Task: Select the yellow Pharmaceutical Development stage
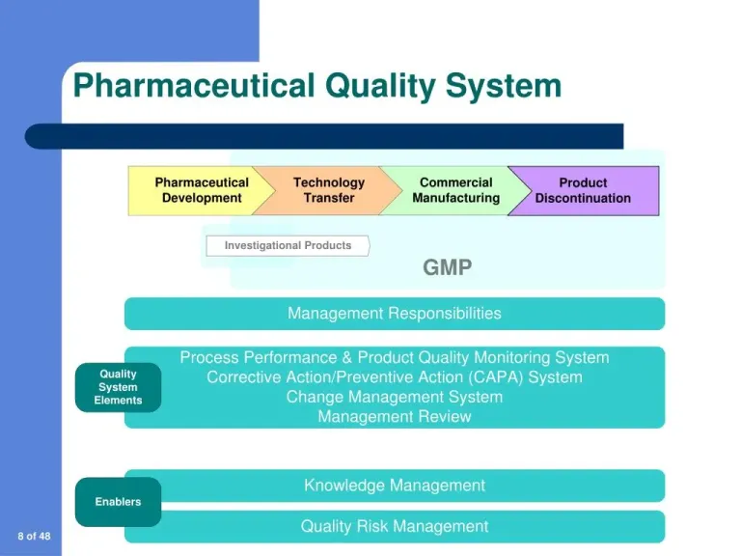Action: [x=201, y=190]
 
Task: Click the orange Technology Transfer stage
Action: [x=328, y=190]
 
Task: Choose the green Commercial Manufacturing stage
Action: [x=455, y=190]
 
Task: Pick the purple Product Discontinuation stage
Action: [x=584, y=190]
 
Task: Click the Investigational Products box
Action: [x=288, y=245]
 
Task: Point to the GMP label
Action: [x=448, y=267]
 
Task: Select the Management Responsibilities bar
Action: [x=394, y=313]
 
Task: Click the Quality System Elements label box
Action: [x=118, y=387]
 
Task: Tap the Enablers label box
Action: [x=118, y=502]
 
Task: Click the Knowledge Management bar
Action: [x=394, y=486]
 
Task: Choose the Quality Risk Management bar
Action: [x=394, y=526]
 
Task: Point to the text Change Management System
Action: [x=394, y=397]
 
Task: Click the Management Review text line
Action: [x=394, y=417]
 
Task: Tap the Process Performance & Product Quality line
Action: [x=394, y=357]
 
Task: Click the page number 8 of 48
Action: [x=33, y=536]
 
